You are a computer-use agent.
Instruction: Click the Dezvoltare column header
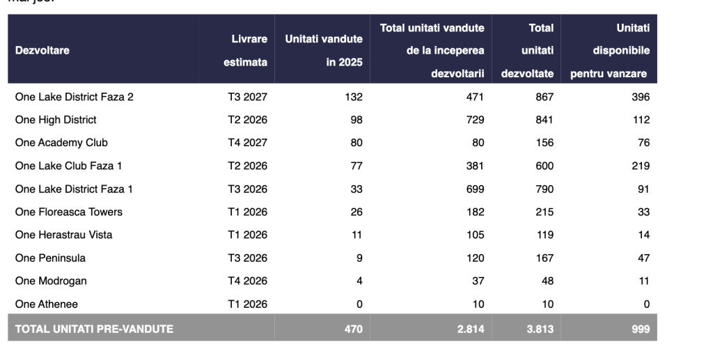point(42,50)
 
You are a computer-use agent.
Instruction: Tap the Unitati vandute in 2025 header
point(324,50)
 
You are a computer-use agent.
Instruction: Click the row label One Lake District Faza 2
point(74,97)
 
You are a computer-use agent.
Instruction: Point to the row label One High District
point(56,120)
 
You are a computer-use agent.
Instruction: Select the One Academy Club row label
point(61,143)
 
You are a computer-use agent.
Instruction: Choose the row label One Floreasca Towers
point(68,212)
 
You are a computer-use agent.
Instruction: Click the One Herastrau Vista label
point(63,235)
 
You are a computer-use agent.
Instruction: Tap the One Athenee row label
point(47,304)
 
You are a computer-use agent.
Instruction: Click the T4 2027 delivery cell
point(247,143)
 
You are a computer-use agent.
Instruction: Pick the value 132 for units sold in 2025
point(354,97)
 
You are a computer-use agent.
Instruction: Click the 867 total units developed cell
point(544,97)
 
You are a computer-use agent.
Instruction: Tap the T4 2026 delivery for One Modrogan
point(247,281)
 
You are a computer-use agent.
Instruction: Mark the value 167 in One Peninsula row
point(544,258)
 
